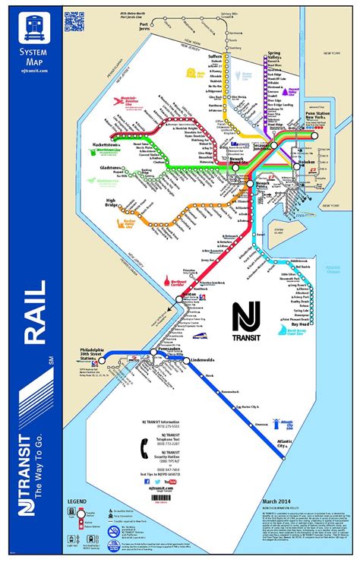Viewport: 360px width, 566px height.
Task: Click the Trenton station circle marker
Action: click(x=177, y=300)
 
